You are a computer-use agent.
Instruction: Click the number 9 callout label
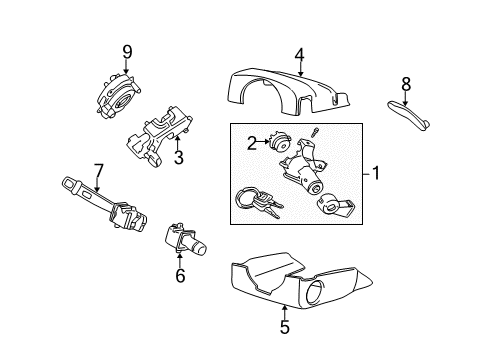pyautogui.click(x=127, y=51)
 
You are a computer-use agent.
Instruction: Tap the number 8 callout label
pyautogui.click(x=405, y=85)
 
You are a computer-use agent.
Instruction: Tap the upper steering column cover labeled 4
pyautogui.click(x=290, y=96)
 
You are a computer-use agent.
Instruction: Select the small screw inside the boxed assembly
pyautogui.click(x=313, y=134)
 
